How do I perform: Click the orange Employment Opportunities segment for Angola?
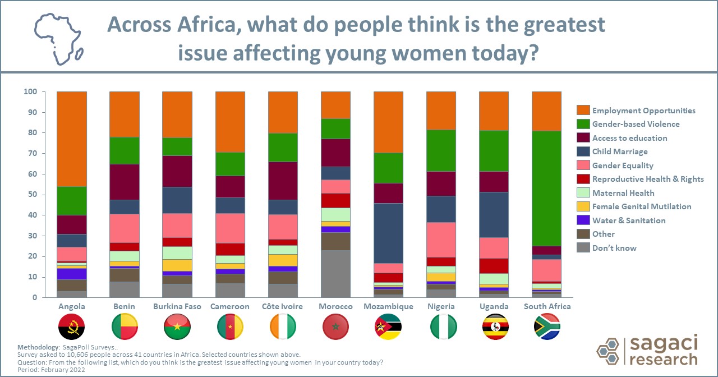[72, 139]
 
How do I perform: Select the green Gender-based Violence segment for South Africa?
[546, 188]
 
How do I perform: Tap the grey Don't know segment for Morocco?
[335, 274]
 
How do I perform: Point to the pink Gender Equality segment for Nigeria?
[441, 240]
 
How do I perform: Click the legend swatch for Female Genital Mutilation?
[583, 206]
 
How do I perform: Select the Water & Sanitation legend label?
[629, 220]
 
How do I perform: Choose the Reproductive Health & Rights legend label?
[648, 179]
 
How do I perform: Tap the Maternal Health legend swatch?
[583, 193]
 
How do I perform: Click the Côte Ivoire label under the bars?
[283, 307]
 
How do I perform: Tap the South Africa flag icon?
[547, 327]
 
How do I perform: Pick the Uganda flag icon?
[494, 327]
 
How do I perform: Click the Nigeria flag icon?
[441, 327]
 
